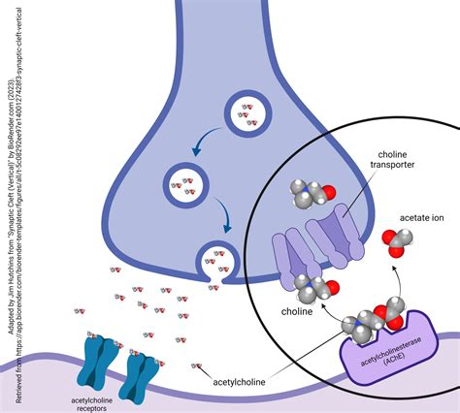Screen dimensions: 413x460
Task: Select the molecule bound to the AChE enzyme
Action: [373, 318]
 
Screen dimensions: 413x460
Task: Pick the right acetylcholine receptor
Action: [142, 369]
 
